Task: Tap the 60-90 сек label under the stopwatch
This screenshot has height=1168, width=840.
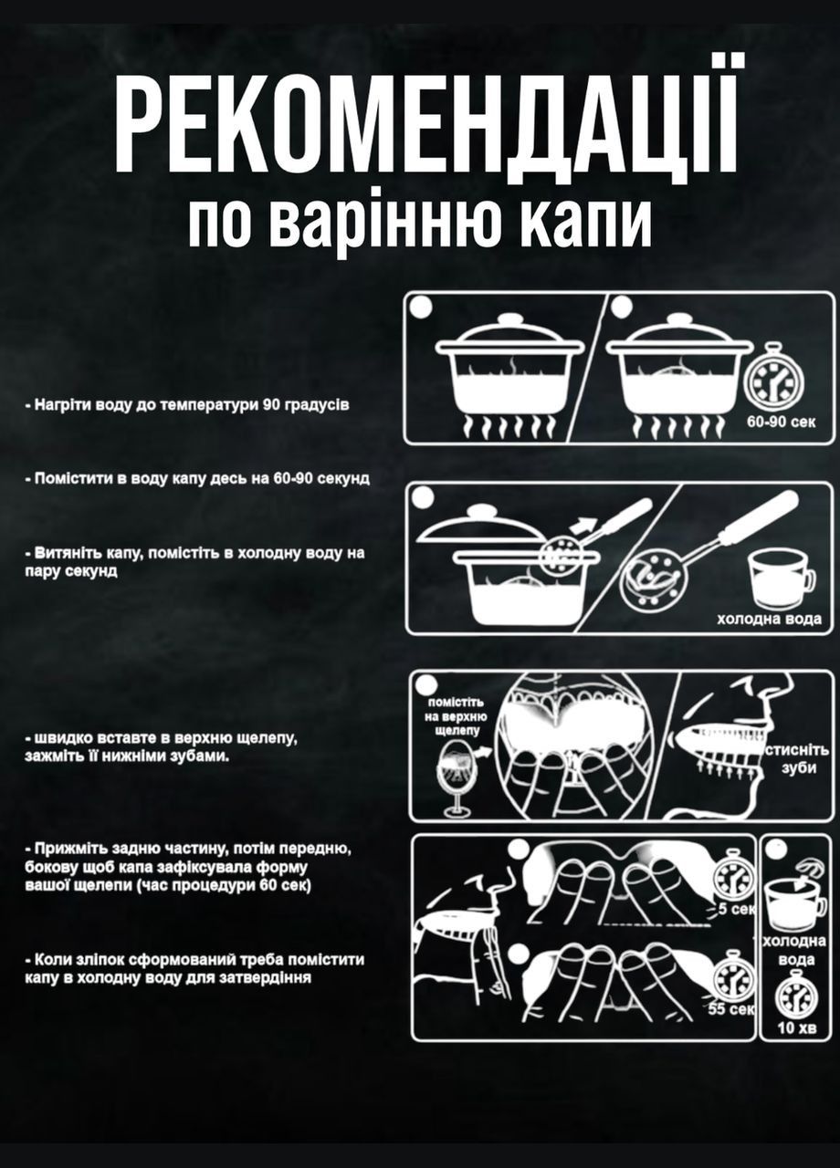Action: [775, 421]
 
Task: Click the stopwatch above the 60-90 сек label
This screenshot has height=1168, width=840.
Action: [773, 377]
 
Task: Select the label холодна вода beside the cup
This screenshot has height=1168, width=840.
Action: [768, 620]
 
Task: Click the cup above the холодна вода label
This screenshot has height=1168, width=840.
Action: [778, 579]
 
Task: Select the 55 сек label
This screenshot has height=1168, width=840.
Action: [732, 1009]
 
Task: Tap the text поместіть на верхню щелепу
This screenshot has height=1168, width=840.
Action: [457, 717]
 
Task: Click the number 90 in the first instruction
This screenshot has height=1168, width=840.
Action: [271, 404]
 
